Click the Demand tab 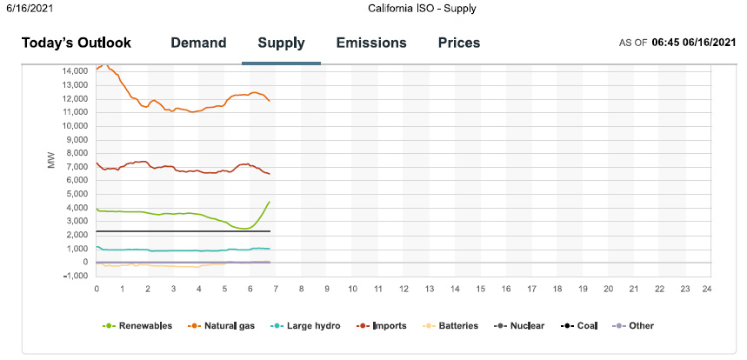click(198, 43)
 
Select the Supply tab click(281, 43)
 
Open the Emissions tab click(371, 43)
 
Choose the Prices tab click(459, 43)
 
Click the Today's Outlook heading click(77, 43)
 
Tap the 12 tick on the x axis click(403, 289)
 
